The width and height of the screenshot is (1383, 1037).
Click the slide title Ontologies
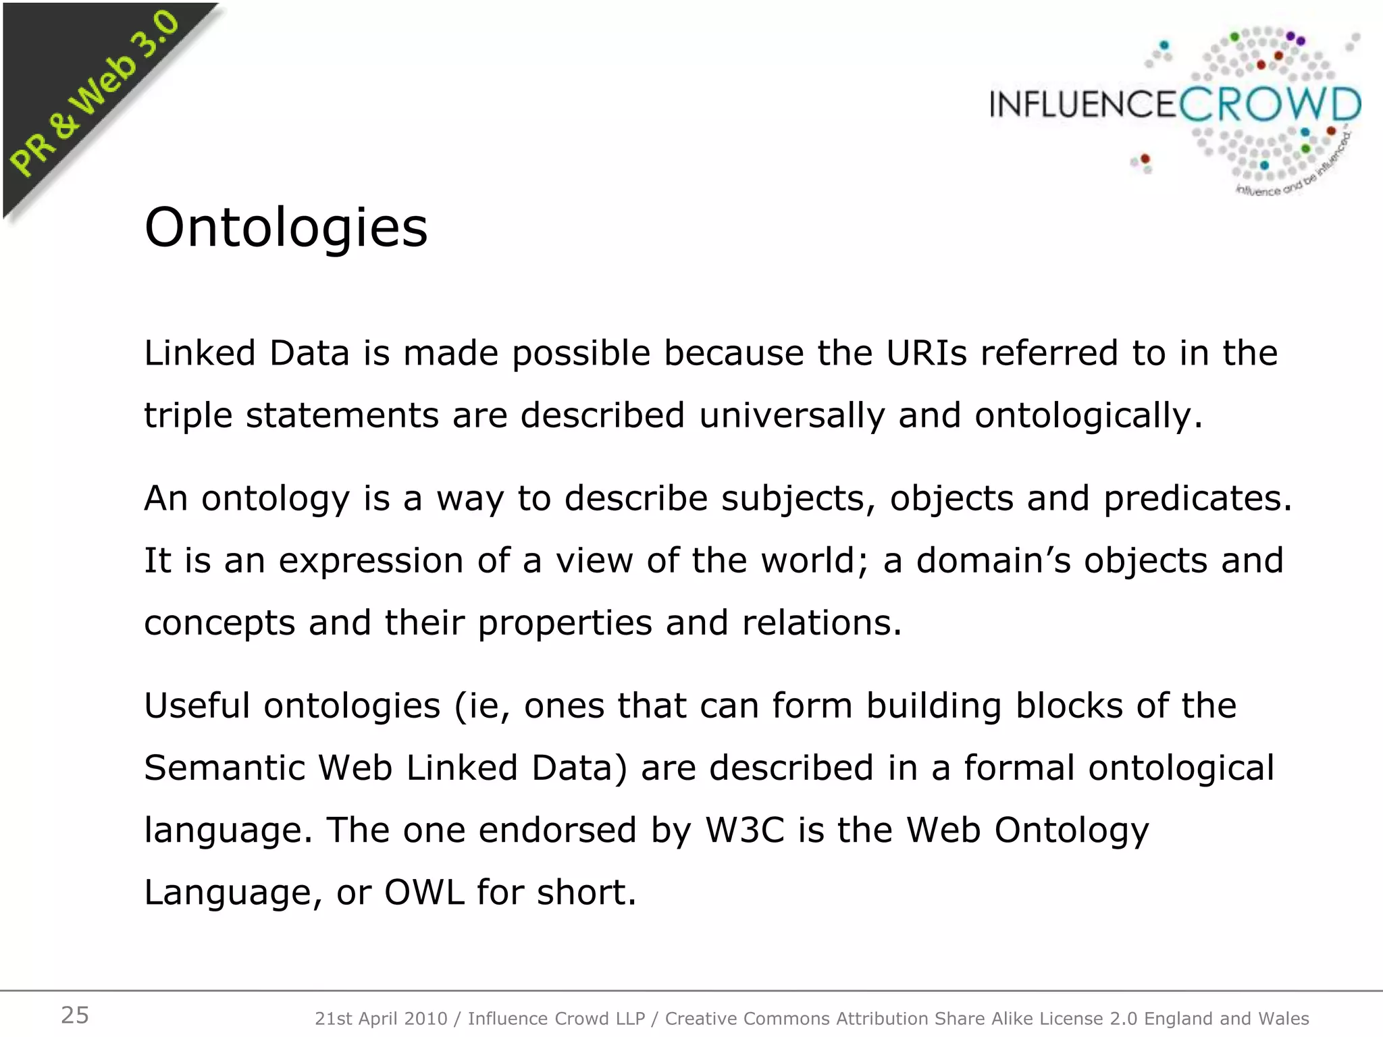pyautogui.click(x=286, y=228)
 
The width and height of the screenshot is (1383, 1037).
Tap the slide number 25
pyautogui.click(x=75, y=1015)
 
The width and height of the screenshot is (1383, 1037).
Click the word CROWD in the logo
pyautogui.click(x=1270, y=105)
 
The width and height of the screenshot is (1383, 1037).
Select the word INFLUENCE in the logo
pyautogui.click(x=1083, y=105)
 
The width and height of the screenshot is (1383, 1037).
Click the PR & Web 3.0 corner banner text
pyautogui.click(x=95, y=95)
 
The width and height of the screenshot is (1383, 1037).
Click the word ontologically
pyautogui.click(x=1088, y=416)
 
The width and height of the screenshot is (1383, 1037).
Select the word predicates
pyautogui.click(x=1197, y=498)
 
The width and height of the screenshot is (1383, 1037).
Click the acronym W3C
pyautogui.click(x=745, y=830)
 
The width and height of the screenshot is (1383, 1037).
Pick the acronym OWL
pyautogui.click(x=424, y=892)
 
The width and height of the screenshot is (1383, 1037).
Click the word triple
pyautogui.click(x=188, y=416)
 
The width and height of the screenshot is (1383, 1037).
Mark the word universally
pyautogui.click(x=791, y=416)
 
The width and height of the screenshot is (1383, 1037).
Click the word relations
pyautogui.click(x=821, y=622)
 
